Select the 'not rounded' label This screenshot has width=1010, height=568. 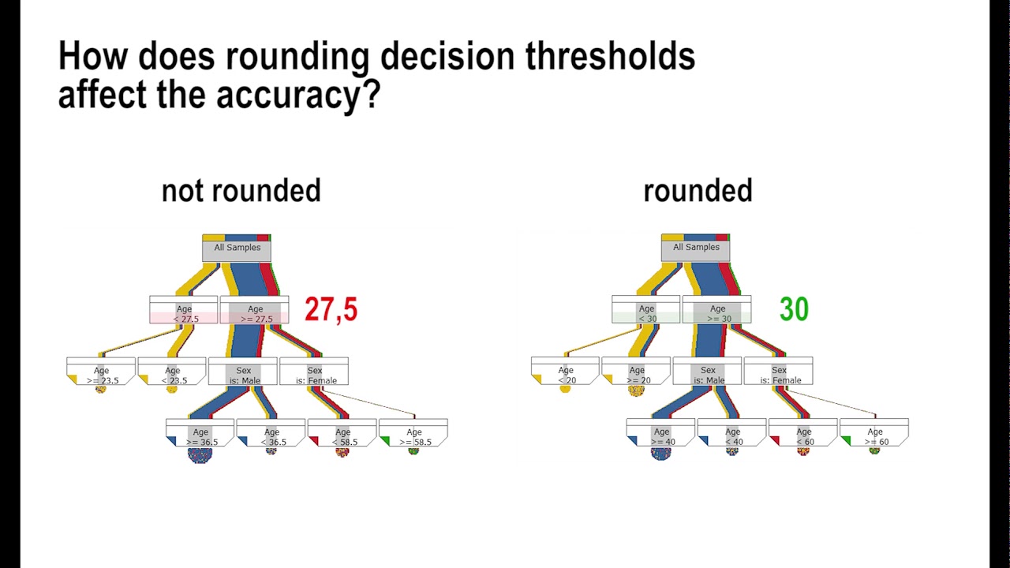(x=241, y=191)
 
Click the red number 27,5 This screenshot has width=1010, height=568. (x=331, y=310)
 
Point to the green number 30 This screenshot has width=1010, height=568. (x=793, y=309)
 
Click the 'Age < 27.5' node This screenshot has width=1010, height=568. (x=184, y=313)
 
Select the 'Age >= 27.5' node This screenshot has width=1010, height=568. (x=255, y=313)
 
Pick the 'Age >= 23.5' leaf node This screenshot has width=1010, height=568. (x=102, y=375)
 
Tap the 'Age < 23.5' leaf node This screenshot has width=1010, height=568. (x=173, y=375)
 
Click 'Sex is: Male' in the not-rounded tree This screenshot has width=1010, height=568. (x=243, y=375)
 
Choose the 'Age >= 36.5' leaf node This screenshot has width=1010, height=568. (x=201, y=436)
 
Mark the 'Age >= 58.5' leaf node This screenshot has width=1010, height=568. (x=414, y=436)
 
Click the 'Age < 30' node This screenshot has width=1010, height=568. (x=646, y=313)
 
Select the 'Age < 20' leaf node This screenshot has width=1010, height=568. (x=566, y=375)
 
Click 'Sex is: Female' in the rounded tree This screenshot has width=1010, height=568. (x=779, y=375)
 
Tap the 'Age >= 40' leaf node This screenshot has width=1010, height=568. (x=661, y=436)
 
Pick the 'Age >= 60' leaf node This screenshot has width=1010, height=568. (x=875, y=436)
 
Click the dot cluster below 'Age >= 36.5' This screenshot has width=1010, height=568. (x=200, y=454)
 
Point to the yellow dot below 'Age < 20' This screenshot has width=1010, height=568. (x=565, y=388)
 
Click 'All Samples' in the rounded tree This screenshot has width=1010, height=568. (x=696, y=248)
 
